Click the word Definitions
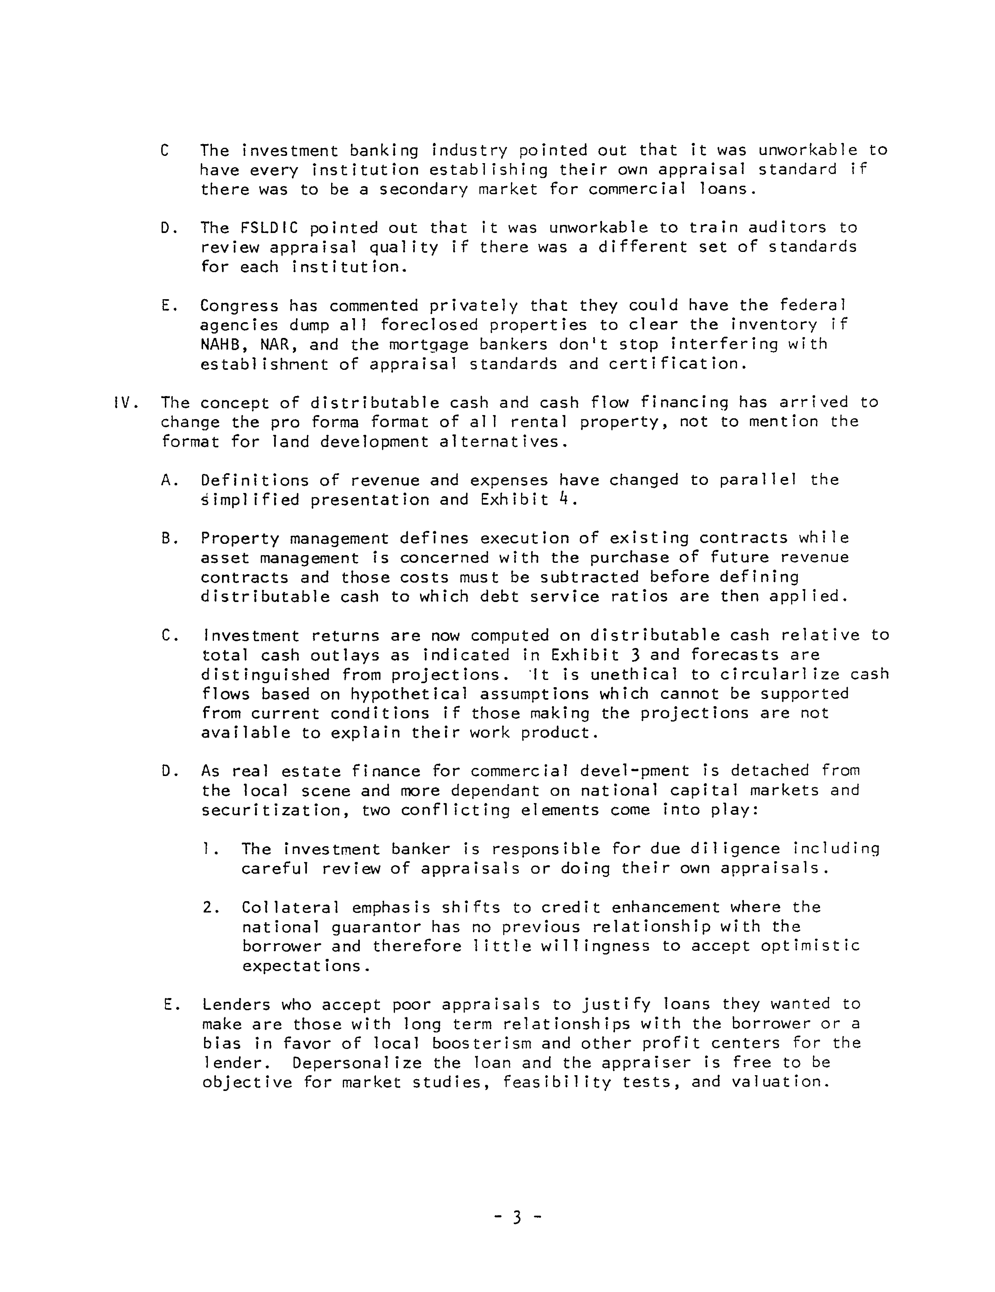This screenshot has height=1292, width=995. [x=254, y=480]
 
